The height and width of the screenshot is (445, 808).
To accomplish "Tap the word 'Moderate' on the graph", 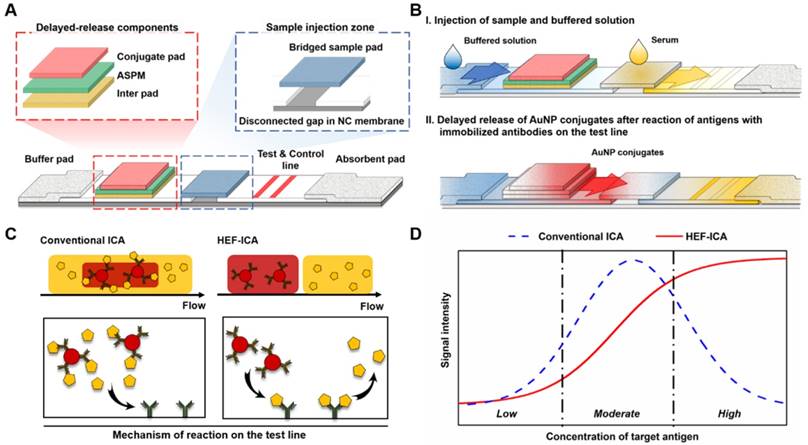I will tap(617, 413).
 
